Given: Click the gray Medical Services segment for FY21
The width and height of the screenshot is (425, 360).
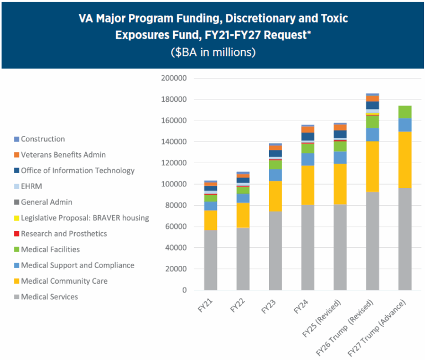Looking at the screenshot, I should [x=210, y=260].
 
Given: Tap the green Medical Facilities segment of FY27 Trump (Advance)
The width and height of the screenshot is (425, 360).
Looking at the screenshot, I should [x=405, y=112].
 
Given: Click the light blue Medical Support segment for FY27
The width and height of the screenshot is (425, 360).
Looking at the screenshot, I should [x=405, y=125].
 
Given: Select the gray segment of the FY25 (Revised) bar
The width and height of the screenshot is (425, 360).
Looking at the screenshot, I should [x=340, y=247].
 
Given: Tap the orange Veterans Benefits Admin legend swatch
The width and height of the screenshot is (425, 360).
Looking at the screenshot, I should [x=15, y=155].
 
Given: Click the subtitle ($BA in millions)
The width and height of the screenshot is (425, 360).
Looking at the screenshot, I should [x=212, y=53].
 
